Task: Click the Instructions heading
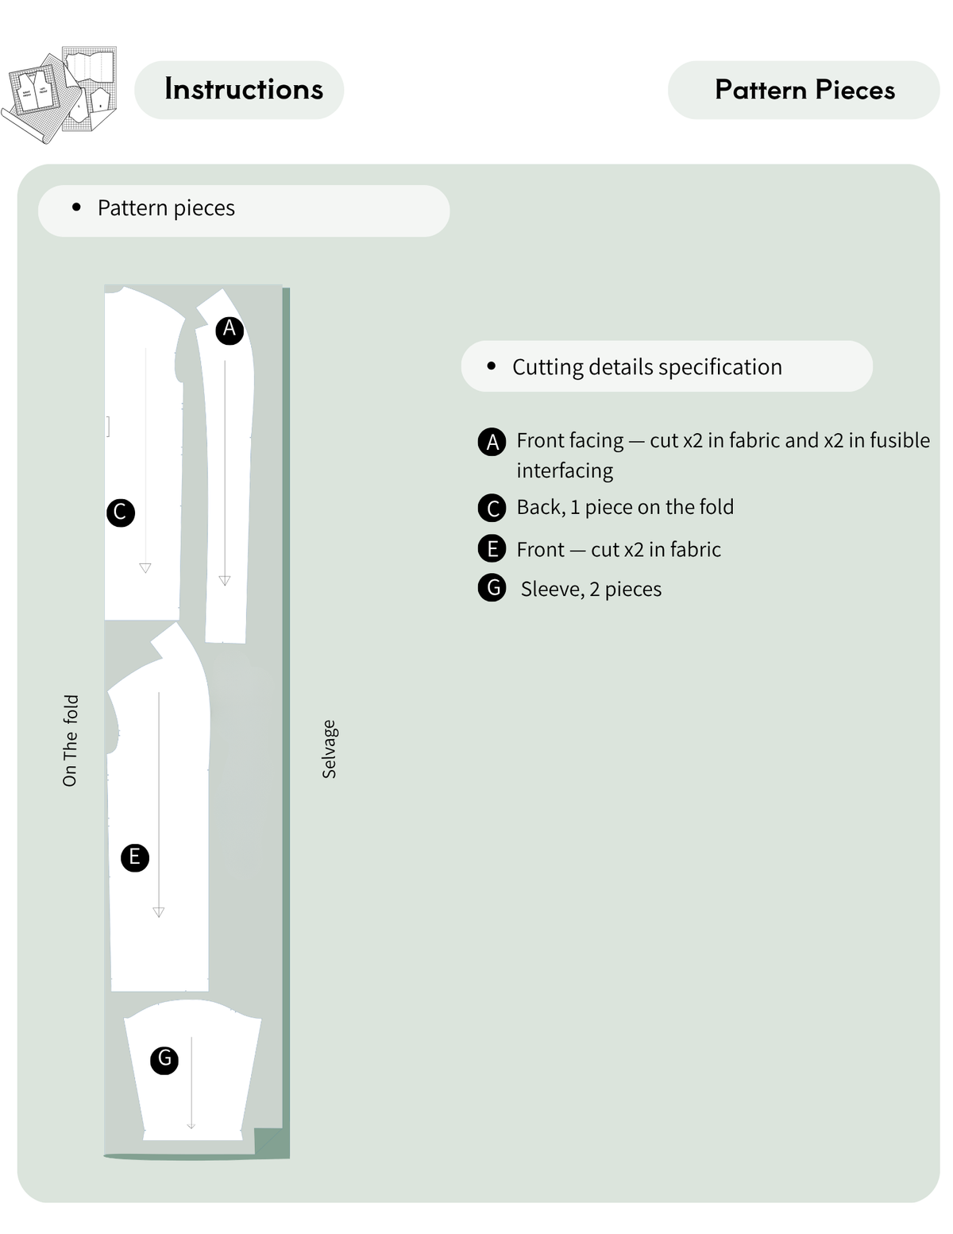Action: pyautogui.click(x=244, y=89)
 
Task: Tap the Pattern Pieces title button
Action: pyautogui.click(x=804, y=90)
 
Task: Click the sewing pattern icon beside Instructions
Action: pyautogui.click(x=59, y=94)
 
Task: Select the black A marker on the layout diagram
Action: pyautogui.click(x=230, y=330)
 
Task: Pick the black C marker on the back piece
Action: pyautogui.click(x=121, y=513)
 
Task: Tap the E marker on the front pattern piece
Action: pyautogui.click(x=134, y=857)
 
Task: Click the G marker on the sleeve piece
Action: pyautogui.click(x=164, y=1060)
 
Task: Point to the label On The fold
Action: pyautogui.click(x=70, y=740)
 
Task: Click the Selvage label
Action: pyautogui.click(x=330, y=749)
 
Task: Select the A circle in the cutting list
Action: pyautogui.click(x=492, y=441)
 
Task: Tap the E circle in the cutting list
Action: pyautogui.click(x=492, y=548)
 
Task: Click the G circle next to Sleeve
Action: pyautogui.click(x=492, y=587)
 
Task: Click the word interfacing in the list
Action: pyautogui.click(x=565, y=470)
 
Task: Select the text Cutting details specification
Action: pyautogui.click(x=647, y=367)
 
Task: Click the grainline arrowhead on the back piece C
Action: pyautogui.click(x=145, y=568)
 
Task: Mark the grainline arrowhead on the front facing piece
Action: pyautogui.click(x=225, y=580)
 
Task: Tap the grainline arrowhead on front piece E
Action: pyautogui.click(x=159, y=912)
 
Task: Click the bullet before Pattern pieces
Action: pyautogui.click(x=76, y=207)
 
